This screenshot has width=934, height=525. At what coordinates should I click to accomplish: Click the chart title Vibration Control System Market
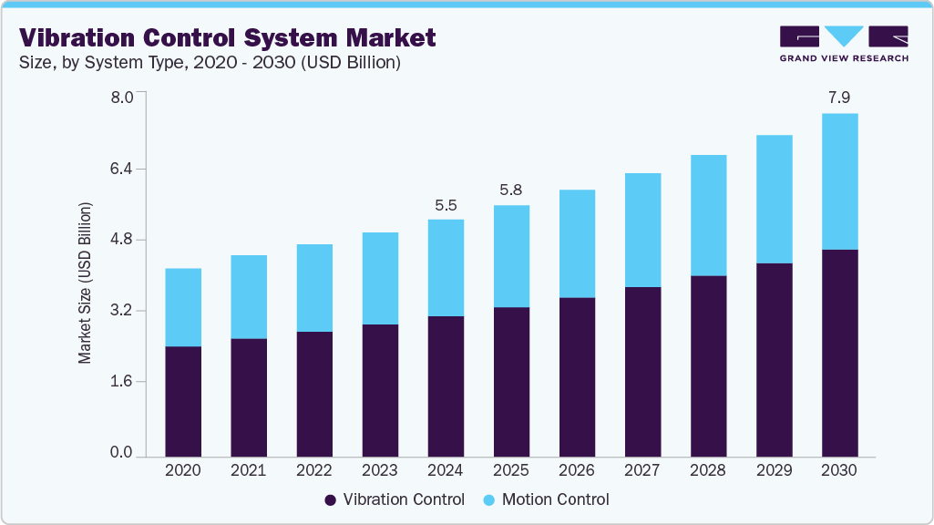[228, 37]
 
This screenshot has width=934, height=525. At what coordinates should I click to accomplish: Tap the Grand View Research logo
[843, 44]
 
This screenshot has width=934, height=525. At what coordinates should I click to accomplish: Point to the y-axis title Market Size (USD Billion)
[85, 283]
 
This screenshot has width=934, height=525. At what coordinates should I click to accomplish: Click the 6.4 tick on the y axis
[122, 169]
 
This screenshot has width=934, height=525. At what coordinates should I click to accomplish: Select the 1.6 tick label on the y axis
[122, 381]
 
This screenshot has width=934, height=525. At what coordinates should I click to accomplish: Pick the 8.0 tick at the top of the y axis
[122, 97]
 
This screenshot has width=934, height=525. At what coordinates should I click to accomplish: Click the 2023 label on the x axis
[380, 470]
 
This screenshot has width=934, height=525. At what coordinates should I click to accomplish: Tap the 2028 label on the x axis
[708, 470]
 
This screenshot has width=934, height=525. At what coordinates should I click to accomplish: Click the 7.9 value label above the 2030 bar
[839, 97]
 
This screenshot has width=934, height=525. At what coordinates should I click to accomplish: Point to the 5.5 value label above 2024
[446, 205]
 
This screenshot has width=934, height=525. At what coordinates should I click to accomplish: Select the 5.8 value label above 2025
[511, 190]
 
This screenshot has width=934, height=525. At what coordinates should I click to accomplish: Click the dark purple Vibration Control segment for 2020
[183, 401]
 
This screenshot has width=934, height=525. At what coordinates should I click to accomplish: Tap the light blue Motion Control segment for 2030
[839, 181]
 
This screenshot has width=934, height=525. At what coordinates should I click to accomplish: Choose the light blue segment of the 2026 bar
[577, 243]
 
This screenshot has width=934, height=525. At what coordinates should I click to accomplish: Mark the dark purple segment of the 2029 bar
[774, 359]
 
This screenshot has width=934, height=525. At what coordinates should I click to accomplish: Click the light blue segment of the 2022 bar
[314, 288]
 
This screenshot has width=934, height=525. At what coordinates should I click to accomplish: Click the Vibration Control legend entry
[394, 499]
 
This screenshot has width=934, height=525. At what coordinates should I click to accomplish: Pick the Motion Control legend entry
[545, 499]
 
